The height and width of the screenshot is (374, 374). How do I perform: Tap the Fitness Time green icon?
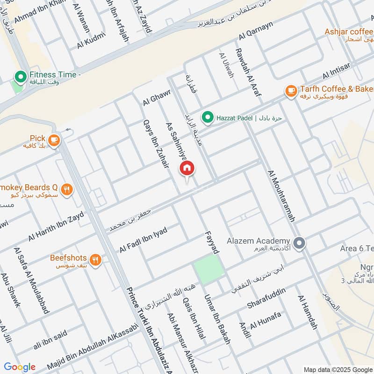[21, 75]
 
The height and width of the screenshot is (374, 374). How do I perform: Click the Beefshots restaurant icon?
[95, 259]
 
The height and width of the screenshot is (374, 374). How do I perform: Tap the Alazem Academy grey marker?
[300, 243]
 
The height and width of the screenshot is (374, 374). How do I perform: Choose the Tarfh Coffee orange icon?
[291, 91]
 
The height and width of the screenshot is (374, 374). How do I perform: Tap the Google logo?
[20, 367]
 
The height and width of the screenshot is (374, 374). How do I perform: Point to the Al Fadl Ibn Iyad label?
[143, 239]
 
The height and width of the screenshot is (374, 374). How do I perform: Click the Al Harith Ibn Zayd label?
[56, 226]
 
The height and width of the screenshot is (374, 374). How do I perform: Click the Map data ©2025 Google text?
[338, 369]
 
